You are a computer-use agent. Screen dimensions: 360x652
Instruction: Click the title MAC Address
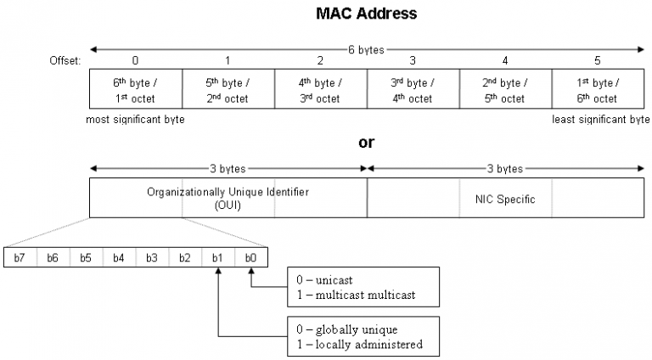click(x=367, y=14)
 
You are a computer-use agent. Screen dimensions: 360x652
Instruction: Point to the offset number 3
click(x=413, y=60)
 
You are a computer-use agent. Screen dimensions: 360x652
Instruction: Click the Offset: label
click(x=65, y=60)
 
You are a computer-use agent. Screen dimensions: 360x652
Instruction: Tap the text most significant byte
click(x=136, y=120)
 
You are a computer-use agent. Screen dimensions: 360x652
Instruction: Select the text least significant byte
click(x=600, y=120)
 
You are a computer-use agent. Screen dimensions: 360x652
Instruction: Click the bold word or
click(x=367, y=142)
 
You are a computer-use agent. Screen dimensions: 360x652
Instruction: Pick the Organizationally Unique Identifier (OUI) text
click(x=228, y=198)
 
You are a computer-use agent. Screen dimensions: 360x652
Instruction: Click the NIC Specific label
click(x=505, y=198)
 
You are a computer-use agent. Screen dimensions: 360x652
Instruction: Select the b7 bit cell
click(x=20, y=258)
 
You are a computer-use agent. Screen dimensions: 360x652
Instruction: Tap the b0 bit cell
click(x=251, y=258)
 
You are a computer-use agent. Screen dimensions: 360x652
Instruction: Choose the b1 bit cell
click(x=218, y=258)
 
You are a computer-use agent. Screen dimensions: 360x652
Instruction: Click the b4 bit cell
click(x=119, y=258)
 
